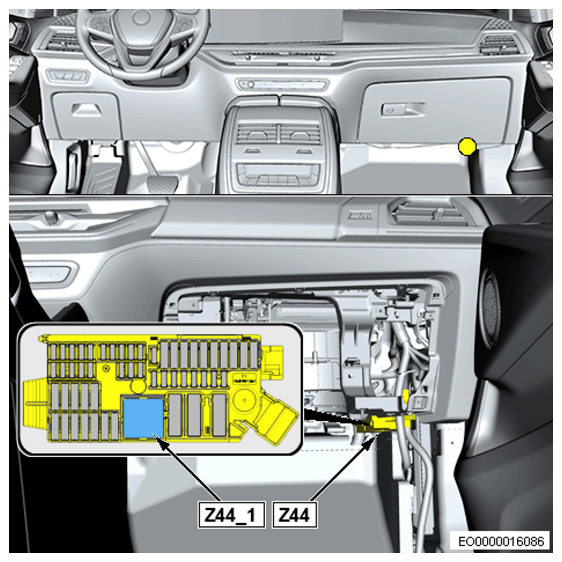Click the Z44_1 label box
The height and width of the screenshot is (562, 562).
coord(232,515)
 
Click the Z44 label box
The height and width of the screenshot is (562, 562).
coord(294,515)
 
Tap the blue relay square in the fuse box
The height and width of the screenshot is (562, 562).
coord(143,418)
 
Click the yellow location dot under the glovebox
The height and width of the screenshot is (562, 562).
coord(467,146)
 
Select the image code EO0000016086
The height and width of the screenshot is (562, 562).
coord(501,541)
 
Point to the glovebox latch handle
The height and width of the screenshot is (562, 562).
coord(401,109)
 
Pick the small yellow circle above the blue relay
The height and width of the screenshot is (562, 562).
coord(138,386)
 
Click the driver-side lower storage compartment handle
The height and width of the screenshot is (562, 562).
coord(86,109)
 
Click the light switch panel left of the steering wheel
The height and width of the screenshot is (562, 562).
coord(68,76)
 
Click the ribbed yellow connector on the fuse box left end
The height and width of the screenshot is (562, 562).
coord(35,404)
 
